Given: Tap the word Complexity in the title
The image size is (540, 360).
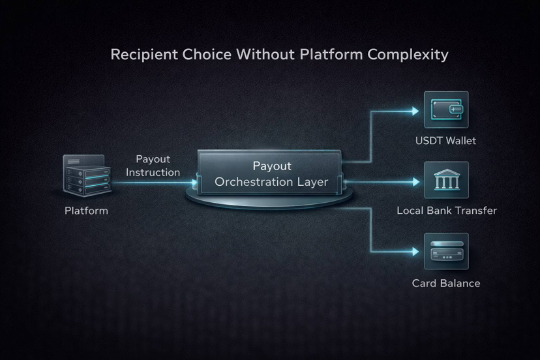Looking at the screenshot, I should (408, 54).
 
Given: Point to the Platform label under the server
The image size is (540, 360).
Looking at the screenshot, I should (86, 211).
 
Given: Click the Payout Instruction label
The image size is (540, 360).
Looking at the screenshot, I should (153, 166).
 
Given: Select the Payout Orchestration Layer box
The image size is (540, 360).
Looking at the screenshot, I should (269, 173).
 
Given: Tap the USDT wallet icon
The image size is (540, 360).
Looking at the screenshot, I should (446, 109).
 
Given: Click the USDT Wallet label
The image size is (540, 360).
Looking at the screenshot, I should (446, 140).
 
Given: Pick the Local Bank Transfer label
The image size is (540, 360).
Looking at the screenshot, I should (446, 211).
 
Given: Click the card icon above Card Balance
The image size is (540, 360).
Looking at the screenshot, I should (446, 250).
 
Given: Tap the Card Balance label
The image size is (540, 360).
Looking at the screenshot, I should (446, 283).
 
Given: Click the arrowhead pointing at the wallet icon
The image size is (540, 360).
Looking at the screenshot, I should (415, 111).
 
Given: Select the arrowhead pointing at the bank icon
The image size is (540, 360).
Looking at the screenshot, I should (415, 182).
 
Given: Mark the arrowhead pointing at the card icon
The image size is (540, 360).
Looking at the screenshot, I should (415, 250).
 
